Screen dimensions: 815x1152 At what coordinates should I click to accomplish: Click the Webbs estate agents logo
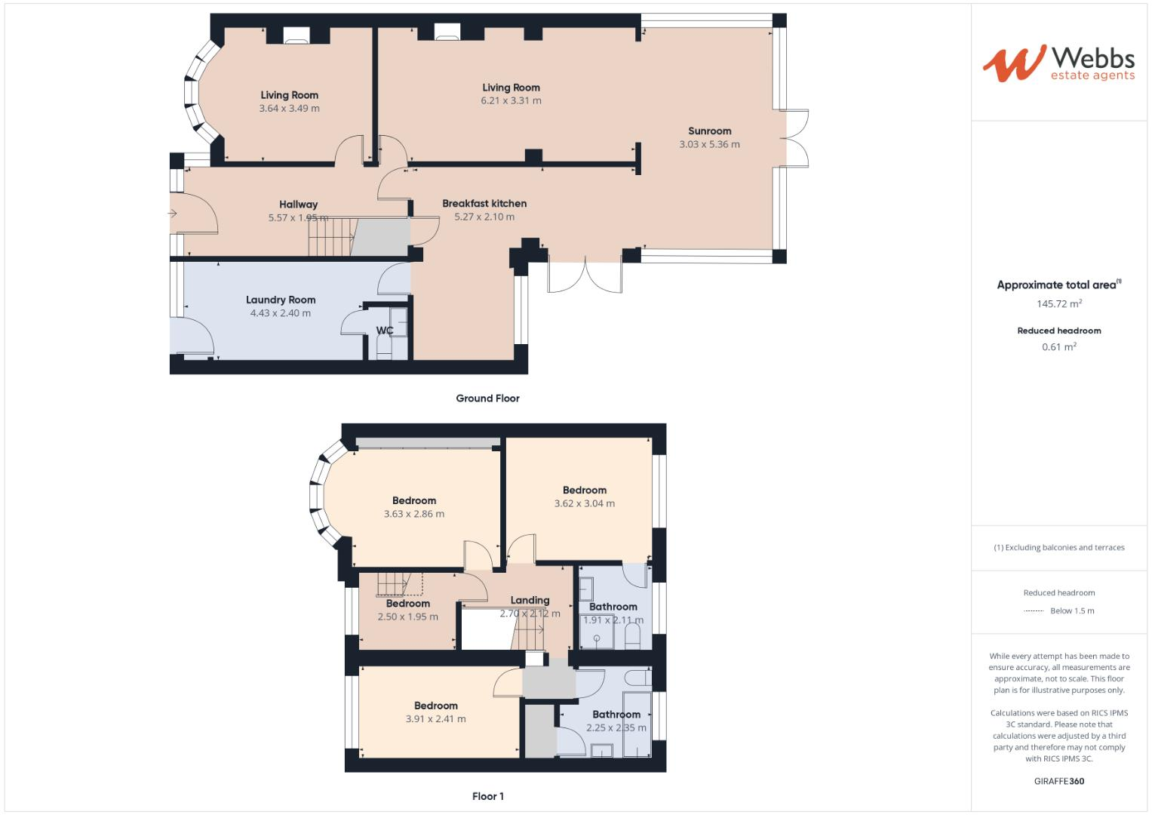tap(1058, 63)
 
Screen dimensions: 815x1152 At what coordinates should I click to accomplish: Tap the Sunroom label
tap(709, 131)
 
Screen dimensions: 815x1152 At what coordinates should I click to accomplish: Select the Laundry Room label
tap(281, 300)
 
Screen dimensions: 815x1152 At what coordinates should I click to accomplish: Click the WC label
tap(385, 331)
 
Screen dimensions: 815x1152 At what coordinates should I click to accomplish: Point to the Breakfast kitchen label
tap(484, 203)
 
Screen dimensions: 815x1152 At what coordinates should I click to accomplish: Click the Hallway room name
tap(298, 205)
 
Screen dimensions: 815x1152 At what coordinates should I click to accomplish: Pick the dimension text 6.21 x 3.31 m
tap(511, 100)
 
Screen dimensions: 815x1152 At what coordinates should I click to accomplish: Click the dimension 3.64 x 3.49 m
tap(289, 108)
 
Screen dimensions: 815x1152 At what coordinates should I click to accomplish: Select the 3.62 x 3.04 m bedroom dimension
tap(584, 503)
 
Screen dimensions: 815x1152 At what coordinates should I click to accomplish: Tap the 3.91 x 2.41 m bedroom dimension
tap(435, 719)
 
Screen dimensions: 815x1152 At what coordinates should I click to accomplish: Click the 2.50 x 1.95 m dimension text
tap(407, 617)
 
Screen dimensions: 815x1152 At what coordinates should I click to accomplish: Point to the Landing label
tap(530, 601)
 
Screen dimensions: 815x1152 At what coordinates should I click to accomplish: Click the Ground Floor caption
tap(487, 398)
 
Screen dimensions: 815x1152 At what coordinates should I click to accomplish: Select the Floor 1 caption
tap(487, 796)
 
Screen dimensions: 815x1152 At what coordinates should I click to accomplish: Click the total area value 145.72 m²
tap(1059, 304)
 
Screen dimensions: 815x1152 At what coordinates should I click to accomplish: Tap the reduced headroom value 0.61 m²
tap(1059, 347)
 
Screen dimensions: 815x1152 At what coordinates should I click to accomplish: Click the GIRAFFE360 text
tap(1059, 781)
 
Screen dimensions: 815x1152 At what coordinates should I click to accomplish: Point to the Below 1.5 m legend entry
tap(1071, 611)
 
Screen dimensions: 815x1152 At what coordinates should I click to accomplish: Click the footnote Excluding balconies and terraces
tap(1059, 548)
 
